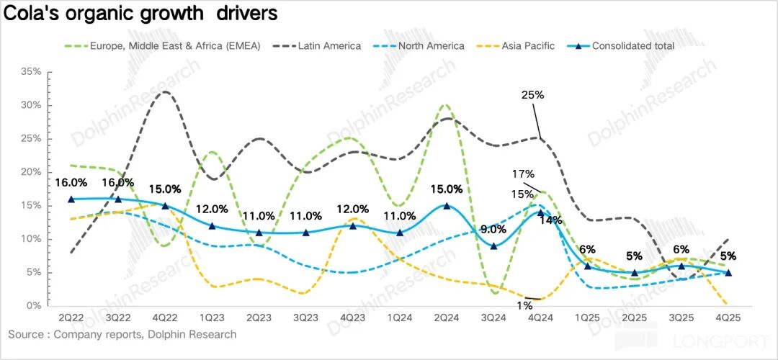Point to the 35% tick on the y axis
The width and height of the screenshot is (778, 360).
click(31, 72)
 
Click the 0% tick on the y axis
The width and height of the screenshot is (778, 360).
click(34, 306)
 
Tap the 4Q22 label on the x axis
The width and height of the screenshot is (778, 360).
click(165, 317)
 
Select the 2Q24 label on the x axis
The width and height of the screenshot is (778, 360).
click(447, 317)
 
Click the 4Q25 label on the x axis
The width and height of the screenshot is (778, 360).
click(728, 317)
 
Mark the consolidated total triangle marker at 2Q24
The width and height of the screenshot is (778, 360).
click(447, 205)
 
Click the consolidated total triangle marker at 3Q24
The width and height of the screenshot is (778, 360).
click(493, 246)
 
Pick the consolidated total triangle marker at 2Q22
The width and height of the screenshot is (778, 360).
click(71, 199)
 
